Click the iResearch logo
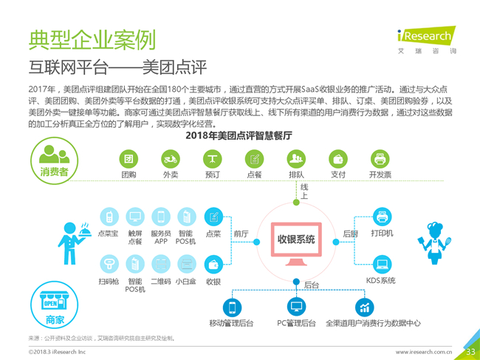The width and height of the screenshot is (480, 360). pos(426,40)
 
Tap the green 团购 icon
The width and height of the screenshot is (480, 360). pos(128,159)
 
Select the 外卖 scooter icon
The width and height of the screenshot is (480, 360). pos(171,159)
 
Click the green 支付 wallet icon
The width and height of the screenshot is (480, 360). pos(338,159)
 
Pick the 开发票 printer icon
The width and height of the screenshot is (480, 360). pos(380,159)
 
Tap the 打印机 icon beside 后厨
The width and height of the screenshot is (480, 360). pos(382,217)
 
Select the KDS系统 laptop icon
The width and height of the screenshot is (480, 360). pos(382,264)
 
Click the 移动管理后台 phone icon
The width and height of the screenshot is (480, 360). pos(232,308)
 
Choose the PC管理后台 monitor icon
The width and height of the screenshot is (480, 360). pos(296,306)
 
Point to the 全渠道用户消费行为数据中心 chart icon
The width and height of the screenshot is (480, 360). pos(364,308)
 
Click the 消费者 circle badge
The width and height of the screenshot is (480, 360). pos(54,160)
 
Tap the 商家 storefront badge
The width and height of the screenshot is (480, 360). pos(55,305)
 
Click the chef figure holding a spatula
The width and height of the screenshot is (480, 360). pos(435,243)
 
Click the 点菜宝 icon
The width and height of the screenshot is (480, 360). pos(109,217)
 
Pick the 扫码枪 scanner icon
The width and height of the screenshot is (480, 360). pos(109,264)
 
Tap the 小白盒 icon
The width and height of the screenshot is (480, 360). pos(187,264)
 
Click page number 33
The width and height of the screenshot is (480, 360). pos(470,351)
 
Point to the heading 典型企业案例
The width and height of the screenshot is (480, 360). pos(92,40)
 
